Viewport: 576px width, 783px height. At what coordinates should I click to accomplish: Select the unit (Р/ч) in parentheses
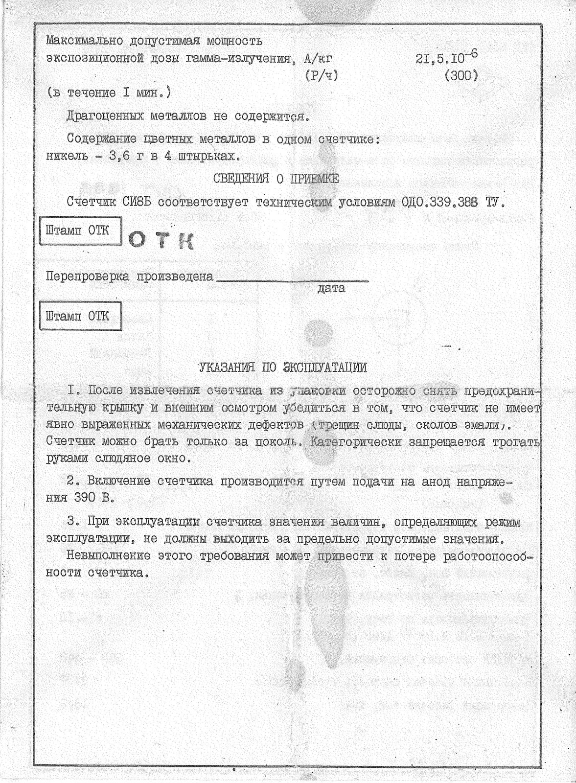[x=321, y=76]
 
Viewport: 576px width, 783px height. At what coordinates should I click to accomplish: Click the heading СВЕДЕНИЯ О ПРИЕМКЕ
[x=276, y=179]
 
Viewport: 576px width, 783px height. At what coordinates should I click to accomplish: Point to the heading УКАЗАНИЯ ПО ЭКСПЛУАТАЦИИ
[x=283, y=367]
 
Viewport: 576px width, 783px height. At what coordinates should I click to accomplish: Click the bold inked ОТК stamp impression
[x=161, y=240]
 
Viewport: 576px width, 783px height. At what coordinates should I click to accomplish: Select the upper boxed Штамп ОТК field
[x=80, y=230]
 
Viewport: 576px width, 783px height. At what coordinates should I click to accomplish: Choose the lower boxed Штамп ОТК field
[x=80, y=316]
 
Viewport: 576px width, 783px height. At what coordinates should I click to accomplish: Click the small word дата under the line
[x=331, y=288]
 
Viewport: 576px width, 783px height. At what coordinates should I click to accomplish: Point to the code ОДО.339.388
[x=439, y=202]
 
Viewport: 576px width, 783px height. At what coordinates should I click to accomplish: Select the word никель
[x=67, y=157]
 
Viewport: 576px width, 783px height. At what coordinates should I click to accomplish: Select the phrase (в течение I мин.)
[x=109, y=92]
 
